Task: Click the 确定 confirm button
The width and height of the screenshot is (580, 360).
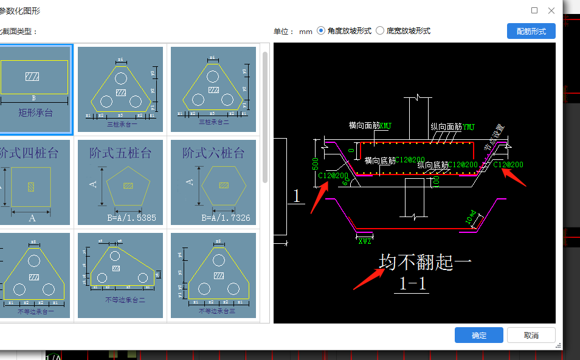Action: coord(478,335)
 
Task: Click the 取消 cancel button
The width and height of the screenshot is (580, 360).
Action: coord(531,335)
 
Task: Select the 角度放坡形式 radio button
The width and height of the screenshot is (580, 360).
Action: coord(322,31)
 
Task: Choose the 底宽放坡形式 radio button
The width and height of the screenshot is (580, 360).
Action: coord(381,31)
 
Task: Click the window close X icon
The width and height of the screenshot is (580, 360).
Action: coord(551,10)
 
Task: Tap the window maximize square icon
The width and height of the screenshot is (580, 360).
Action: coord(534,10)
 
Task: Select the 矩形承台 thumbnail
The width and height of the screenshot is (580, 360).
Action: coord(34,89)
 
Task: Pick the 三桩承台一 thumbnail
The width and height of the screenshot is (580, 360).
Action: coord(120,89)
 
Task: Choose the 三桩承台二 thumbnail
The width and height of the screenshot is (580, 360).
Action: coord(213,89)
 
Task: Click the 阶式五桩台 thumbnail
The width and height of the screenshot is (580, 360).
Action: coord(120,182)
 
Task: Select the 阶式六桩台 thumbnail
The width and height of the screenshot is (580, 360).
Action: coord(213,182)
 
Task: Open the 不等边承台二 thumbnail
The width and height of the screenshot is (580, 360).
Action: coord(120,275)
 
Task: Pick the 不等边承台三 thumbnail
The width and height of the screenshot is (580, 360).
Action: coord(213,275)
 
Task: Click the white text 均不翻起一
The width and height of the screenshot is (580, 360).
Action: coord(425,262)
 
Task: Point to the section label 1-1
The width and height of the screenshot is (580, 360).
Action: coord(413,283)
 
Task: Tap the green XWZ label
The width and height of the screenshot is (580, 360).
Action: coord(365,241)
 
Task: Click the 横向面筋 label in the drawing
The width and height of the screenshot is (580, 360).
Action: coord(364,126)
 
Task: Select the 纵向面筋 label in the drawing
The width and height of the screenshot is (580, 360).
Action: coord(446,126)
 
